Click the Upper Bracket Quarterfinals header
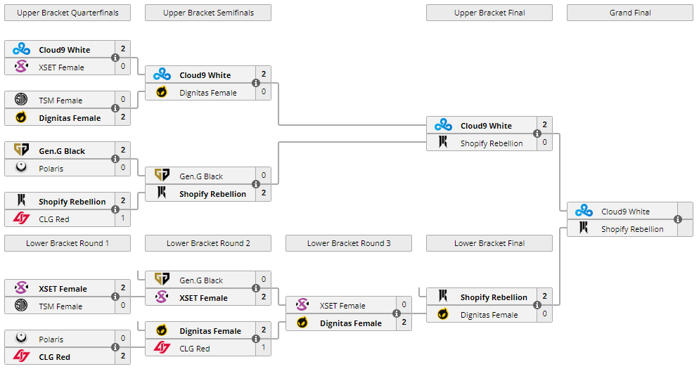pyautogui.click(x=68, y=13)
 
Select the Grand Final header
pyautogui.click(x=630, y=13)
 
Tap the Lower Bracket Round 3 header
pyautogui.click(x=349, y=243)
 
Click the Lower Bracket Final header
pyautogui.click(x=489, y=243)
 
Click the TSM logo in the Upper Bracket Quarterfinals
pyautogui.click(x=21, y=99)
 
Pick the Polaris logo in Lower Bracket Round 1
pyautogui.click(x=21, y=338)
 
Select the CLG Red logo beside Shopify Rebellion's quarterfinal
pyautogui.click(x=21, y=219)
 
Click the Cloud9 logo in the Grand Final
pyautogui.click(x=584, y=211)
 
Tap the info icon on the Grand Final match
pyautogui.click(x=678, y=219)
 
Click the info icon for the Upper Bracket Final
pyautogui.click(x=537, y=134)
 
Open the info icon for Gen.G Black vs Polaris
pyautogui.click(x=115, y=159)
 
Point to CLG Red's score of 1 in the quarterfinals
pyautogui.click(x=123, y=219)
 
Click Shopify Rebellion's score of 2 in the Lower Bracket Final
pyautogui.click(x=545, y=297)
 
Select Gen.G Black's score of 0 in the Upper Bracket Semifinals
pyautogui.click(x=264, y=176)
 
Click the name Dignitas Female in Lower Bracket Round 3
pyautogui.click(x=351, y=323)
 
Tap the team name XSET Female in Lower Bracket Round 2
pyautogui.click(x=203, y=298)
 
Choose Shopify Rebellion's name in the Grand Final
pyautogui.click(x=632, y=230)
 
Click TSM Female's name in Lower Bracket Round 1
pyautogui.click(x=60, y=306)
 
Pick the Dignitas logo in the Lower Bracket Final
pyautogui.click(x=442, y=314)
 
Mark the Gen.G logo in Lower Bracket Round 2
pyautogui.click(x=162, y=280)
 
